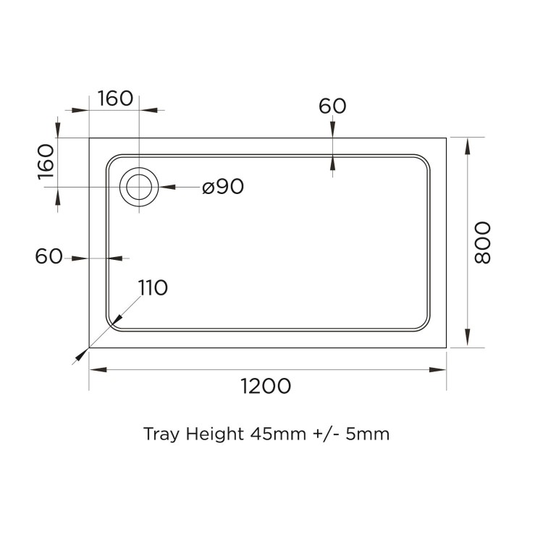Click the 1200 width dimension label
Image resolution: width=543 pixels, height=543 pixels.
tap(266, 386)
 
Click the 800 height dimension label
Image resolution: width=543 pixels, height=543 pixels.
tap(483, 243)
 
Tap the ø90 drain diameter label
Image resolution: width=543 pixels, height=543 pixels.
tap(223, 187)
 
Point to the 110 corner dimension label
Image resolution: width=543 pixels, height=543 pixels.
tap(153, 287)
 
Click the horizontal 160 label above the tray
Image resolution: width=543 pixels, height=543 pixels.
tap(115, 98)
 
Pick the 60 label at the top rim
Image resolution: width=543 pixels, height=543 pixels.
tap(332, 106)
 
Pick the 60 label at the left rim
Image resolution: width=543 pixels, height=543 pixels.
tap(49, 256)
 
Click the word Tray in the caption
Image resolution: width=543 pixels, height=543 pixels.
tap(160, 435)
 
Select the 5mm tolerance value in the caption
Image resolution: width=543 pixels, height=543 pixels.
tap(368, 434)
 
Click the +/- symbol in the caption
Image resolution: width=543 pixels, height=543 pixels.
tap(324, 434)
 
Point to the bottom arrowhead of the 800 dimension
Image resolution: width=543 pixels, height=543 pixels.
tap(467, 341)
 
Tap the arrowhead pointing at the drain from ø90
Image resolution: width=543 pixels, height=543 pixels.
tap(165, 187)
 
